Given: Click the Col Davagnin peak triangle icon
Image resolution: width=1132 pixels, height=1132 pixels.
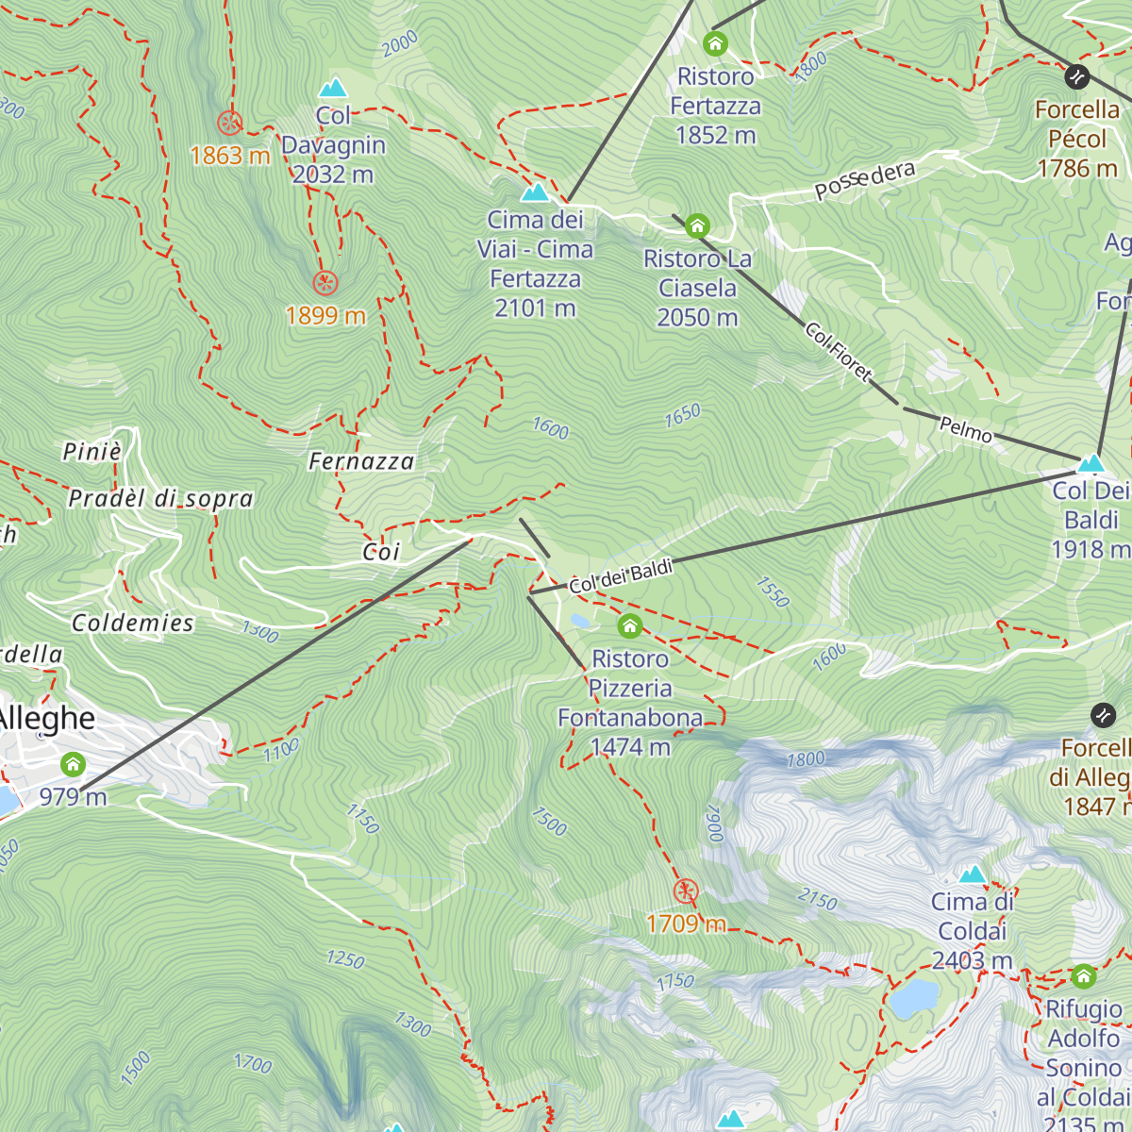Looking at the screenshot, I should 333,89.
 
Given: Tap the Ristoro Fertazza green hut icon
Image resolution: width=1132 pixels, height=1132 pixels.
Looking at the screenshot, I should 715,43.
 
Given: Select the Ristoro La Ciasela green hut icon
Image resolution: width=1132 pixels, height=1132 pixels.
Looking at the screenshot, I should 697,225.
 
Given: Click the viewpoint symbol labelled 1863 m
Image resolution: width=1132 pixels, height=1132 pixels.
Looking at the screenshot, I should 229,123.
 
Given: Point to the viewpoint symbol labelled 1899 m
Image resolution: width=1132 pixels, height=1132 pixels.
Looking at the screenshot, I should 325,282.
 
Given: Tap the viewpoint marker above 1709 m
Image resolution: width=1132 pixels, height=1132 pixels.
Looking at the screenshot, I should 686,891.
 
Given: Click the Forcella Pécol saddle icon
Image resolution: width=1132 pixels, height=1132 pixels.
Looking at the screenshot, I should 1076,76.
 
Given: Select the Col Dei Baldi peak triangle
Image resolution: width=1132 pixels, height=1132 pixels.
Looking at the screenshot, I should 1090,463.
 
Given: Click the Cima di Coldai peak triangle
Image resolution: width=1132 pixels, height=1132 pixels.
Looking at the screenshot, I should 972,874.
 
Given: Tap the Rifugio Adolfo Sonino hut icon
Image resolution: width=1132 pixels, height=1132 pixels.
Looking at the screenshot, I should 1083,975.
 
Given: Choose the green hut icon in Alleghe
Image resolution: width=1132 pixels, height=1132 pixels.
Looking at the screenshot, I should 73,764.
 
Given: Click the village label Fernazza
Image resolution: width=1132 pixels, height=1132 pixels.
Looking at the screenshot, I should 361,461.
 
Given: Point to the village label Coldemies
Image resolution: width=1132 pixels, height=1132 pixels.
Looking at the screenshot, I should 133,623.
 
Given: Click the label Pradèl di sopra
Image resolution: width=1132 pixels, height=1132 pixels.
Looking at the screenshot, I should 160,498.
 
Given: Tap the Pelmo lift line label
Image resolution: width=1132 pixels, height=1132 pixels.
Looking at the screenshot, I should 965,430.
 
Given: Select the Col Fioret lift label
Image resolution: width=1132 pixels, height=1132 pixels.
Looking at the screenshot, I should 838,350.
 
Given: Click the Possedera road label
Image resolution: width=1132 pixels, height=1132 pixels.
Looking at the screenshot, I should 864,180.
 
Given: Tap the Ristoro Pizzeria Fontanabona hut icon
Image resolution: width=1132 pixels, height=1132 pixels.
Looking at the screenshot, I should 630,625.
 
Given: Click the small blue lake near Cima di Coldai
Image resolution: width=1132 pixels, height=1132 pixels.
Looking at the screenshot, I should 914,997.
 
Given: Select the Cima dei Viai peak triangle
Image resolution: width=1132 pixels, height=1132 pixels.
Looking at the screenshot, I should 535,193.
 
